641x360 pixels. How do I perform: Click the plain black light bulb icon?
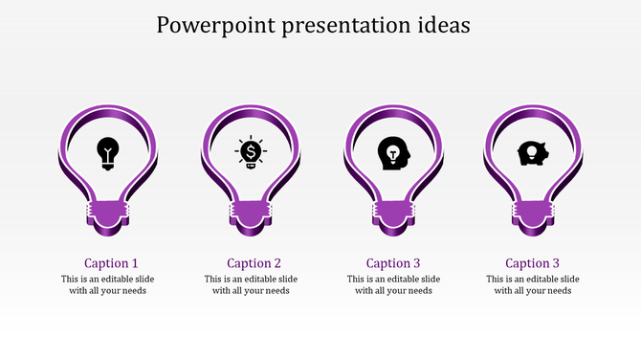(109, 152)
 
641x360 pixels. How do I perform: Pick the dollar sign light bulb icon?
(251, 152)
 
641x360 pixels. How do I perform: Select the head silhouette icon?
(392, 153)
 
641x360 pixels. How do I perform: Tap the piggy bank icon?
(532, 153)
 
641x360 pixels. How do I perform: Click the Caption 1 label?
(111, 263)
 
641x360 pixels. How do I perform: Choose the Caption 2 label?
(254, 263)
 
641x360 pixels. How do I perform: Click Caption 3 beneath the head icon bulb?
(393, 263)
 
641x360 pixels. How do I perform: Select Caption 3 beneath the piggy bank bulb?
(533, 263)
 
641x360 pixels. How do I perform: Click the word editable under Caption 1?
(123, 280)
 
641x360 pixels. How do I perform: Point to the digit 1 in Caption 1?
(135, 263)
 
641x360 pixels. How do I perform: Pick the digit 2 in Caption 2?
(277, 263)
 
